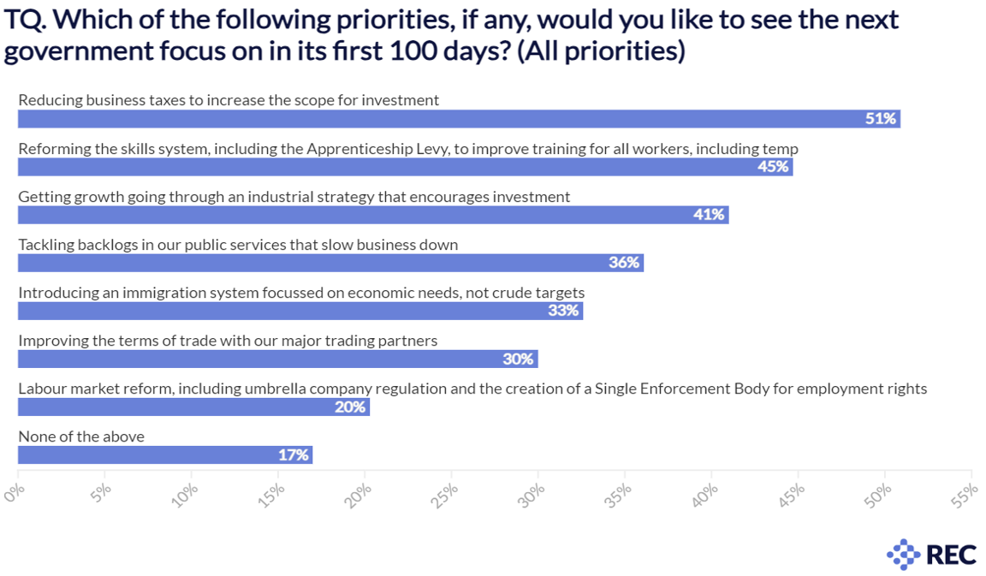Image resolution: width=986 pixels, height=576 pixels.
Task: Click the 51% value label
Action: [x=880, y=119]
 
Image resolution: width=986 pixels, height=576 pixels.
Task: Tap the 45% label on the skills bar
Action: [x=773, y=167]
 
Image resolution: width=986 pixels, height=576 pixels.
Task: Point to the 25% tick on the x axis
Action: [x=446, y=494]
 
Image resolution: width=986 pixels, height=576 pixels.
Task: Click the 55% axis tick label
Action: [x=965, y=494]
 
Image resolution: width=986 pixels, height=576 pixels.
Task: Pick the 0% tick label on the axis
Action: [x=15, y=494]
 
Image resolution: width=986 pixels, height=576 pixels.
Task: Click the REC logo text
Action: [x=951, y=555]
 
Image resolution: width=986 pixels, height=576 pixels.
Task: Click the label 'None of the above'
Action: [x=81, y=436]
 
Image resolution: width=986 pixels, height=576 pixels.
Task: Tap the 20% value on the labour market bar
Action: [x=350, y=407]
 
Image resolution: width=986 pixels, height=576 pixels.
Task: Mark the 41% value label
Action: [x=709, y=215]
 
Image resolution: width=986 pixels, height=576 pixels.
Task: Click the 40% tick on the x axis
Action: [x=706, y=494]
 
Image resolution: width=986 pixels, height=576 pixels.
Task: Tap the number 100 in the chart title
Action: [x=416, y=51]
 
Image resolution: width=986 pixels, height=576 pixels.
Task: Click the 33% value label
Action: [x=563, y=311]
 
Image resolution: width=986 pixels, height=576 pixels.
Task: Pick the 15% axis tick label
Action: [x=273, y=494]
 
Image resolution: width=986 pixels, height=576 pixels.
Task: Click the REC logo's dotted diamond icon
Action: [x=903, y=555]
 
